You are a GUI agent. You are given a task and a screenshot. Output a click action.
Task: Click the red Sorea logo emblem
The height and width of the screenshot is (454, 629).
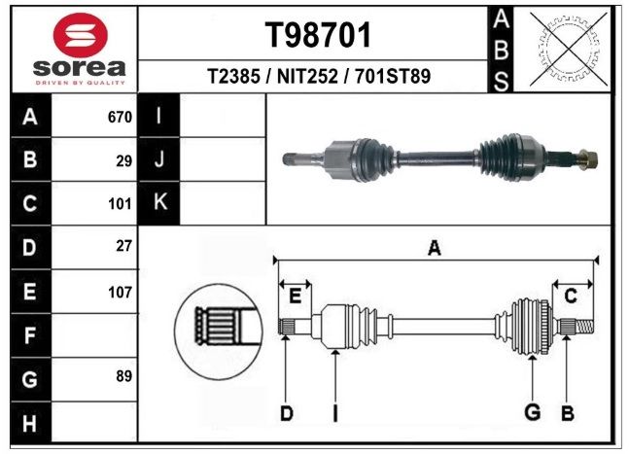tap(81, 34)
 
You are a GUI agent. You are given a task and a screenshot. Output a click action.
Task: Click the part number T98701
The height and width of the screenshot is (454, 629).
tap(318, 35)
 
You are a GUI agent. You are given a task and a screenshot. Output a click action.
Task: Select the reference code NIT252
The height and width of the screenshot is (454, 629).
tap(307, 76)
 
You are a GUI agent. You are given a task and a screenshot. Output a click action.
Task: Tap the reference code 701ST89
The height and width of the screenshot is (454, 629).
tap(393, 76)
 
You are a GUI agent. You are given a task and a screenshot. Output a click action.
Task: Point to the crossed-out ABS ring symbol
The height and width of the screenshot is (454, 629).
tap(569, 49)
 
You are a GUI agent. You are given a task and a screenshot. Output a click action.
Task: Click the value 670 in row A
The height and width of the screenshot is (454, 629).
tap(120, 117)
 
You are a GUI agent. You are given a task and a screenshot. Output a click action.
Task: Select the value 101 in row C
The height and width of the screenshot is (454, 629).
tap(120, 204)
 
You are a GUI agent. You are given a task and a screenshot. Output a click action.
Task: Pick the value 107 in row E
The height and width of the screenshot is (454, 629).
tap(120, 293)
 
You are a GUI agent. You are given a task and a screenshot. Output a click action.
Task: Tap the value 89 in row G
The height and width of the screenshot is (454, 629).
tap(124, 376)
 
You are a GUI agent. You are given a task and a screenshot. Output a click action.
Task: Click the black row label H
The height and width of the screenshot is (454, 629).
tap(30, 423)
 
